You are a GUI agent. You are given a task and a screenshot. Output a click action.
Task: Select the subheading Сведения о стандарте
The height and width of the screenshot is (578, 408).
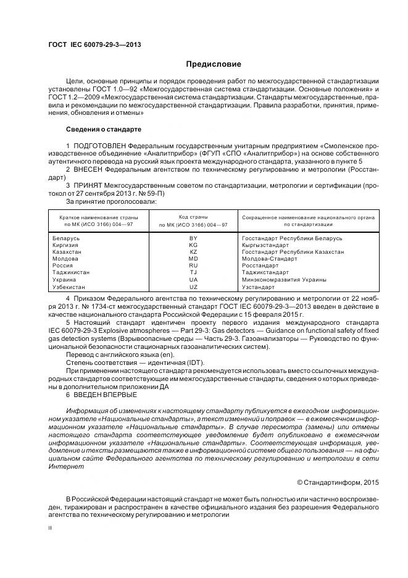104,130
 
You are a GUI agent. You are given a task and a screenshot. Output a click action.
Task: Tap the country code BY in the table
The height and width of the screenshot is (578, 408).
193,238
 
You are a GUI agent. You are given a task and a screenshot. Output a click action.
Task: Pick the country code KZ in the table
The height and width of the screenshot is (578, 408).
193,252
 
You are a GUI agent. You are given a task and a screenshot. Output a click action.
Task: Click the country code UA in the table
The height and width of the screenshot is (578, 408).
193,280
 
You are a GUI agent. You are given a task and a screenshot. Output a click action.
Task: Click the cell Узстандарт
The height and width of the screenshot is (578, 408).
257,287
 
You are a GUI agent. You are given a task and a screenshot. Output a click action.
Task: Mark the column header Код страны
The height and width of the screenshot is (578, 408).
193,217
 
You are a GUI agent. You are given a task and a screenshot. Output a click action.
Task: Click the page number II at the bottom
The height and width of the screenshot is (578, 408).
51,528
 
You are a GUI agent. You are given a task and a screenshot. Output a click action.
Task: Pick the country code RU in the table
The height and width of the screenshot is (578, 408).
193,266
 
